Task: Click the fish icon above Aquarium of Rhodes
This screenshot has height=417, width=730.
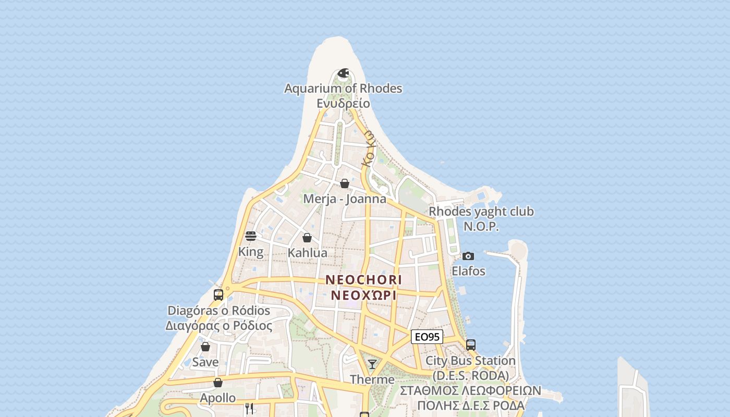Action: pyautogui.click(x=343, y=73)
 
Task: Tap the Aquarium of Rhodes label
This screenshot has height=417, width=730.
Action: pyautogui.click(x=343, y=89)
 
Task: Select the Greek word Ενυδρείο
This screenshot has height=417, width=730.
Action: pyautogui.click(x=343, y=103)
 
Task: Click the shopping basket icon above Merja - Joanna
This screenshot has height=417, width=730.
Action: pyautogui.click(x=345, y=183)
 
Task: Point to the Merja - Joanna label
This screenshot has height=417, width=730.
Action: pyautogui.click(x=345, y=199)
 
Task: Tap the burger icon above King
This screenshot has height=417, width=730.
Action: pyautogui.click(x=251, y=236)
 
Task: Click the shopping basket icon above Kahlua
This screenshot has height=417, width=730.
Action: pyautogui.click(x=307, y=238)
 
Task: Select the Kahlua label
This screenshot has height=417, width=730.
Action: pyautogui.click(x=308, y=253)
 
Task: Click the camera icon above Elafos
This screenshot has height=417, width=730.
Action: pyautogui.click(x=468, y=256)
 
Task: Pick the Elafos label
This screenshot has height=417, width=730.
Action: pyautogui.click(x=468, y=271)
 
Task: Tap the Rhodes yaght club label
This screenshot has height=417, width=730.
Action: pyautogui.click(x=481, y=212)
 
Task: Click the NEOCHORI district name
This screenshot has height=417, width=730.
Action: pyautogui.click(x=364, y=280)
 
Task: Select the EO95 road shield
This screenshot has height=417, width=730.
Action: pyautogui.click(x=427, y=337)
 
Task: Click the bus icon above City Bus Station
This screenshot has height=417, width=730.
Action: pyautogui.click(x=470, y=345)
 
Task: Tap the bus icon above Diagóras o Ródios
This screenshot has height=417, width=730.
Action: pyautogui.click(x=218, y=295)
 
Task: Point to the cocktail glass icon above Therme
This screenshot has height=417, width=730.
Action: pyautogui.click(x=372, y=364)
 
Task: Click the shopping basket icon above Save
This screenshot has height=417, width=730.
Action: pyautogui.click(x=205, y=347)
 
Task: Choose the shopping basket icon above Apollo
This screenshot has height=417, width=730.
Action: pyautogui.click(x=218, y=383)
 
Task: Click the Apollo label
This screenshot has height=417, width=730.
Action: pyautogui.click(x=218, y=398)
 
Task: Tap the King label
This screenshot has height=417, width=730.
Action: pyautogui.click(x=251, y=252)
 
